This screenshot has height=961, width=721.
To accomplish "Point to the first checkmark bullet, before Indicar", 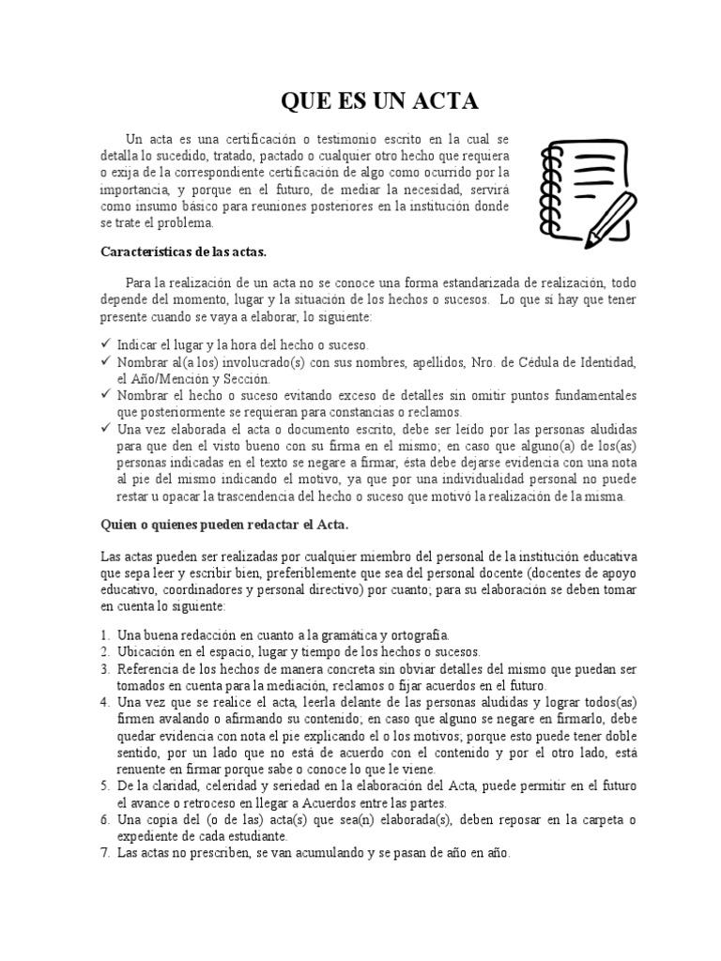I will click(x=105, y=344).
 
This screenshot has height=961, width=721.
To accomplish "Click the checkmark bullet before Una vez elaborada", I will click(x=105, y=428).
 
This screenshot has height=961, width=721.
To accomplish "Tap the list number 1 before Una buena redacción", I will click(x=105, y=634).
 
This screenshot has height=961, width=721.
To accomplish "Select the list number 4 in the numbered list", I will click(x=105, y=702).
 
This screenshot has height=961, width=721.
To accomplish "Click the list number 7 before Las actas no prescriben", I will click(x=105, y=853).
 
